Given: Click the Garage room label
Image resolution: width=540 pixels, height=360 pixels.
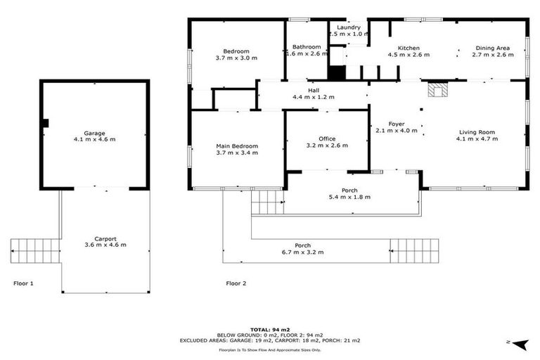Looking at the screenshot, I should [x=94, y=133].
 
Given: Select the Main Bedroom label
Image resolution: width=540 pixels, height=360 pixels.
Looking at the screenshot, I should [x=237, y=146].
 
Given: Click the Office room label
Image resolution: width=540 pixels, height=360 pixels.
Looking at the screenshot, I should [x=326, y=139].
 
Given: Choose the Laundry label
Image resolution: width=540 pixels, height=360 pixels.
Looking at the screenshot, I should [x=349, y=27].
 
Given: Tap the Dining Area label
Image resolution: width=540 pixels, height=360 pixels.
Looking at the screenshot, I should [x=491, y=47].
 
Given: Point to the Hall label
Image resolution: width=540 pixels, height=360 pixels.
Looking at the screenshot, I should [x=314, y=90].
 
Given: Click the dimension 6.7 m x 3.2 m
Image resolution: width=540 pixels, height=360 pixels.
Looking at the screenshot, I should [x=303, y=252].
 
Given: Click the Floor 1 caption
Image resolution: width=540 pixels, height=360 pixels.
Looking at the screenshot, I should [x=23, y=283].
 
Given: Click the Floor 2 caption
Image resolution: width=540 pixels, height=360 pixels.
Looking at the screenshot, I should [x=236, y=283].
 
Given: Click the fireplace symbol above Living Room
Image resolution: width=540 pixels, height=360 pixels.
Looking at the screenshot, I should [x=437, y=89].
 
